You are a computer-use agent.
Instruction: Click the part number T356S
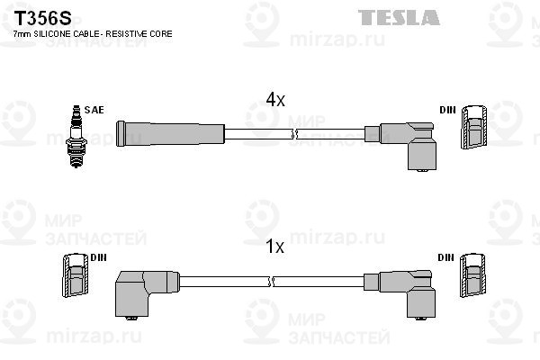click(42, 18)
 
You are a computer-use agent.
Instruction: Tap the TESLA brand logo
click(399, 17)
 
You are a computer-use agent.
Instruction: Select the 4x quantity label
click(275, 100)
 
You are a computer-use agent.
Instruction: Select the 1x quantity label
click(274, 247)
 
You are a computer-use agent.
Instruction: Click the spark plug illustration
click(76, 137)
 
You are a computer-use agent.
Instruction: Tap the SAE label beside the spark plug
click(94, 110)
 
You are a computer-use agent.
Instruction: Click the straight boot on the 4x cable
click(170, 134)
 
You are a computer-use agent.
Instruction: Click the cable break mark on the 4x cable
click(293, 134)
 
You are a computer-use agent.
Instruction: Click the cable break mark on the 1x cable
click(271, 282)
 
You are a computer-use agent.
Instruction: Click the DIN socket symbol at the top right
click(474, 127)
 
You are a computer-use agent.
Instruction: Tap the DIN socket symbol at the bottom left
click(76, 275)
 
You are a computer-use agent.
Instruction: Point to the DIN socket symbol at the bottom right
click(472, 275)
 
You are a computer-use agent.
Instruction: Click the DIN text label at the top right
click(447, 110)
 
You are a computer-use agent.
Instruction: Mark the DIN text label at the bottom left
click(98, 257)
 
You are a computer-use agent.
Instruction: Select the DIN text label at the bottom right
click(446, 257)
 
